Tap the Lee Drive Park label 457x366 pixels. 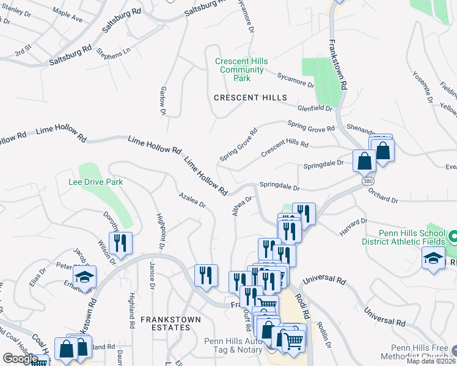tap(97, 182)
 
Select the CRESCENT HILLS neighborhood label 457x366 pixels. tap(250, 98)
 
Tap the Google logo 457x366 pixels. tap(20, 359)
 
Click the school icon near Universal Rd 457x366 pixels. tap(434, 259)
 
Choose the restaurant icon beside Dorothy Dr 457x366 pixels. tap(120, 243)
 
